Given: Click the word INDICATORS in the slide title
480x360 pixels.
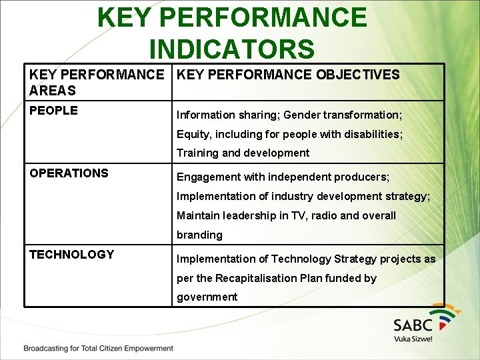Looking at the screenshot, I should pos(231,49).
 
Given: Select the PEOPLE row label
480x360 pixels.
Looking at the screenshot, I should pos(53,111).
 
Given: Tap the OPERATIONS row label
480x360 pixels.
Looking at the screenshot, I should pos(69,173).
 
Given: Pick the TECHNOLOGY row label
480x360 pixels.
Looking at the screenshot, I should pos(71,255).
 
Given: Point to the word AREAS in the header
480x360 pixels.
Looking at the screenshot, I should pos(53,91).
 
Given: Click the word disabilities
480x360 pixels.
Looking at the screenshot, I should pos(371,134).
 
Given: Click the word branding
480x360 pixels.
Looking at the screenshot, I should pos(199,235).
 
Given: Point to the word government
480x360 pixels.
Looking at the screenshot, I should pos(207,297).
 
